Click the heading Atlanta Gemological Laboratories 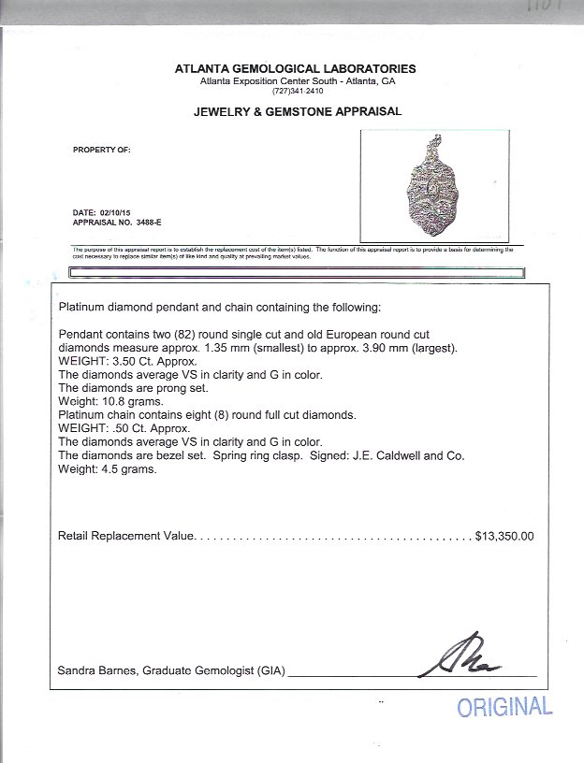coord(295,69)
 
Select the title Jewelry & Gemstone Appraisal coord(297,111)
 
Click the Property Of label coord(101,150)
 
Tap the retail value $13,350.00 coord(504,537)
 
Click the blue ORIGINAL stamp coord(504,707)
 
